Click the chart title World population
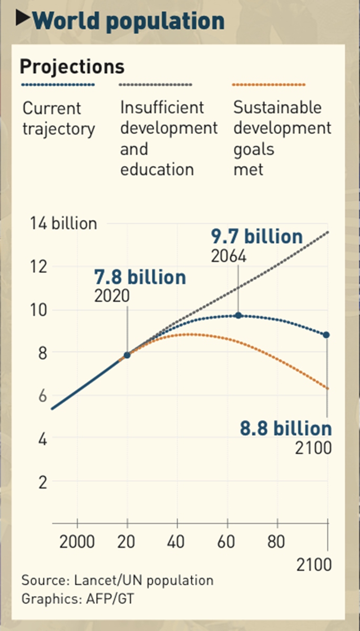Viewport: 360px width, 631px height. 128,21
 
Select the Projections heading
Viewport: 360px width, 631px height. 72,67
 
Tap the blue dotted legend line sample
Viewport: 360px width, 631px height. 58,84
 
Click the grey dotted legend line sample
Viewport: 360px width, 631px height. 156,84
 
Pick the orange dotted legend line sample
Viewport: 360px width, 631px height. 269,84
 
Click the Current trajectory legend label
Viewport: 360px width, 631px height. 58,118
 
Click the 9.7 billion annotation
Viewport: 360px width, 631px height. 256,237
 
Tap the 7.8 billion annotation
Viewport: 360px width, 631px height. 140,277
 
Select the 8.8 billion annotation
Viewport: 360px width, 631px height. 286,429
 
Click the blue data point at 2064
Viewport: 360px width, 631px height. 238,315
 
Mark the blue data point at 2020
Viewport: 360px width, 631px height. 127,355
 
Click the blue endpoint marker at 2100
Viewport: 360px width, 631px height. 327,334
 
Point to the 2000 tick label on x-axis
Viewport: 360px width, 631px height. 77,542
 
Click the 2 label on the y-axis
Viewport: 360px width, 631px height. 42,482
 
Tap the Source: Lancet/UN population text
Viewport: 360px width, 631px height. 117,581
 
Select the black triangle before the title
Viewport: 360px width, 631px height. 22,19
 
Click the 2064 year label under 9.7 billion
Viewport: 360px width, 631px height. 229,256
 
